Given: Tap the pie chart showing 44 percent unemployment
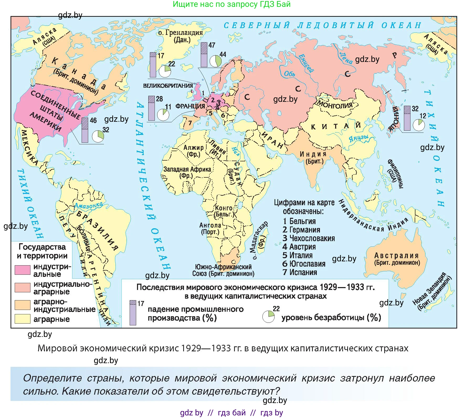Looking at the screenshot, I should click(215, 61).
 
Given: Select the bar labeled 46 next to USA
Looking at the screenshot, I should click(85, 130).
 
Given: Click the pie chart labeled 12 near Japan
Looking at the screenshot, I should click(419, 125).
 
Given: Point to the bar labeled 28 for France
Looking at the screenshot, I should click(151, 108).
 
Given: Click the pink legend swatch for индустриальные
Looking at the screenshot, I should click(22, 270).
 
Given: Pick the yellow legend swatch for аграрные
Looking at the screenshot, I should click(22, 319).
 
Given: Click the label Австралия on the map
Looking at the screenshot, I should click(396, 256).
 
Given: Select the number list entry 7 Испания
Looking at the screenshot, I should click(300, 272).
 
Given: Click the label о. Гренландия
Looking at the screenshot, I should click(181, 33).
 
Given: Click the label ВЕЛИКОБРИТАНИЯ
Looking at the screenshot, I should click(168, 86).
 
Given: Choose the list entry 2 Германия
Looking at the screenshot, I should click(301, 230).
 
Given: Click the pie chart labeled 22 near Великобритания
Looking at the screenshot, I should click(165, 71).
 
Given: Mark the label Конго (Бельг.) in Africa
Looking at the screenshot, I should click(224, 211).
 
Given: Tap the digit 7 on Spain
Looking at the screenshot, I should click(190, 123).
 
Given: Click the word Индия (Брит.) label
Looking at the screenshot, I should click(313, 157).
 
